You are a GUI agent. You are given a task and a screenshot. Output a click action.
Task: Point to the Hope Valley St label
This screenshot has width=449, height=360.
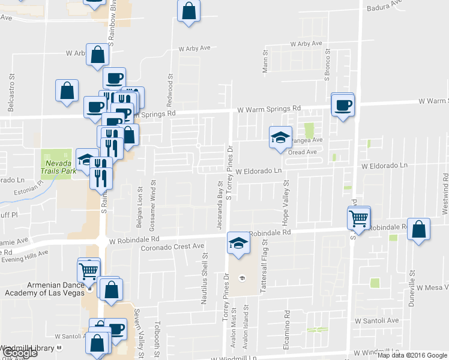point(286,200)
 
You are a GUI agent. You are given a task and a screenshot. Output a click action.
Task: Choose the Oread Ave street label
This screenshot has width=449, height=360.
point(302,152)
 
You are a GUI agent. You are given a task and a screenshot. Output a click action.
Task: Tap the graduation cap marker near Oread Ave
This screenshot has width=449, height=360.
point(280,138)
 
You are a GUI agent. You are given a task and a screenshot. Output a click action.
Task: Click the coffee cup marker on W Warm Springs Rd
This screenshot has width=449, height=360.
point(343,104)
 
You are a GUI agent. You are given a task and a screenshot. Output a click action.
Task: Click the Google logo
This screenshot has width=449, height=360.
point(19,353)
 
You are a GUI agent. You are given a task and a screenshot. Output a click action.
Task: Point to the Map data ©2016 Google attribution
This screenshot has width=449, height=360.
point(412,355)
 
